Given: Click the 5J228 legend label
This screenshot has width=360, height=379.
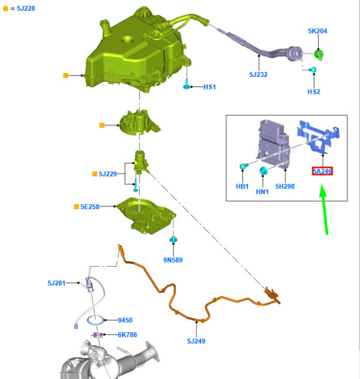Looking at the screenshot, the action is pyautogui.click(x=26, y=8).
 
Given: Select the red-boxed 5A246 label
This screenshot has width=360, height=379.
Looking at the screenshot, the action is pyautogui.click(x=322, y=171).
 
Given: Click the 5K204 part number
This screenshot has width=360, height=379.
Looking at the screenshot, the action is pyautogui.click(x=317, y=31).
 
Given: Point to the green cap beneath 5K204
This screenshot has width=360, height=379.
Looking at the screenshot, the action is pyautogui.click(x=319, y=55).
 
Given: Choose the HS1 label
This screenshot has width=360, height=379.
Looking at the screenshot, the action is pyautogui.click(x=209, y=86).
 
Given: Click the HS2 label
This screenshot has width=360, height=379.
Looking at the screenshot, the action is pyautogui.click(x=314, y=92).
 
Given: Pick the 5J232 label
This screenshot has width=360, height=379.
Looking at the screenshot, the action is pyautogui.click(x=259, y=74).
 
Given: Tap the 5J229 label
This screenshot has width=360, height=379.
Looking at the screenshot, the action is pyautogui.click(x=107, y=174).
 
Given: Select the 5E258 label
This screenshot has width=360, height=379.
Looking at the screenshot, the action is pyautogui.click(x=90, y=207).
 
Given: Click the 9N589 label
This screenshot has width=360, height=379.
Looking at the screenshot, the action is pyautogui.click(x=173, y=260).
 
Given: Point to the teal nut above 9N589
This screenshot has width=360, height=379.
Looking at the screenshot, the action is pyautogui.click(x=173, y=239).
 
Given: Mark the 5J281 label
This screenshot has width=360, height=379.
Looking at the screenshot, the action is pyautogui.click(x=56, y=283).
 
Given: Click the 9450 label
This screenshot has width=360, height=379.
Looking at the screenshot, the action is pyautogui.click(x=125, y=320).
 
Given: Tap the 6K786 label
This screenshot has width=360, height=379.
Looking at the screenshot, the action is pyautogui.click(x=127, y=335).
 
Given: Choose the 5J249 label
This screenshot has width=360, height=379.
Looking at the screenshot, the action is pyautogui.click(x=196, y=341).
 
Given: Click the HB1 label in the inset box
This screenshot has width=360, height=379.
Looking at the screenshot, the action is pyautogui.click(x=242, y=186).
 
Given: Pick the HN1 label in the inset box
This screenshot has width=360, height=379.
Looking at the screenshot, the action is pyautogui.click(x=262, y=192).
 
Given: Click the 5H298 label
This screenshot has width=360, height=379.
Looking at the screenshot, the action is pyautogui.click(x=285, y=186).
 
